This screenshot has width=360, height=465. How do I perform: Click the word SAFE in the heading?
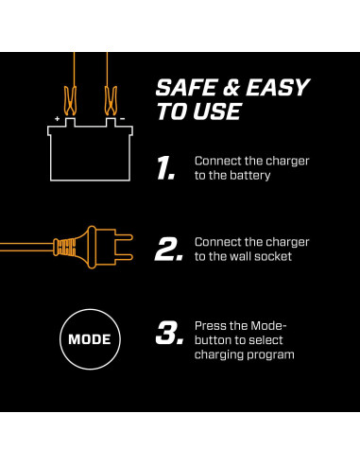coord(187,87)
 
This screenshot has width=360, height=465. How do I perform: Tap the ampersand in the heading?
coord(231,88)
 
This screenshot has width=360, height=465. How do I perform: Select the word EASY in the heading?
coord(278,87)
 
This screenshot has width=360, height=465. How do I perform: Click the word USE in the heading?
coord(217,112)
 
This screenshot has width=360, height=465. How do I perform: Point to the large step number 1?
coord(165,168)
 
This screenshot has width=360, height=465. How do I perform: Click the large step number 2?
coord(169,250)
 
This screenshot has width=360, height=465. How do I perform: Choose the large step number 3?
coord(169,333)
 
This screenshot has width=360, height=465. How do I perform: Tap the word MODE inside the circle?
coord(90,339)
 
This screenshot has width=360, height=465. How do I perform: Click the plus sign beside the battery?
coord(57,119)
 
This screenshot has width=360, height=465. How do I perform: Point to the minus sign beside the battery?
coord(123,119)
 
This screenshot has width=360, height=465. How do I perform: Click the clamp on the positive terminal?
coord(70,100)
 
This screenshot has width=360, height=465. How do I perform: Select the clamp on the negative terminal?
coord(111,100)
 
